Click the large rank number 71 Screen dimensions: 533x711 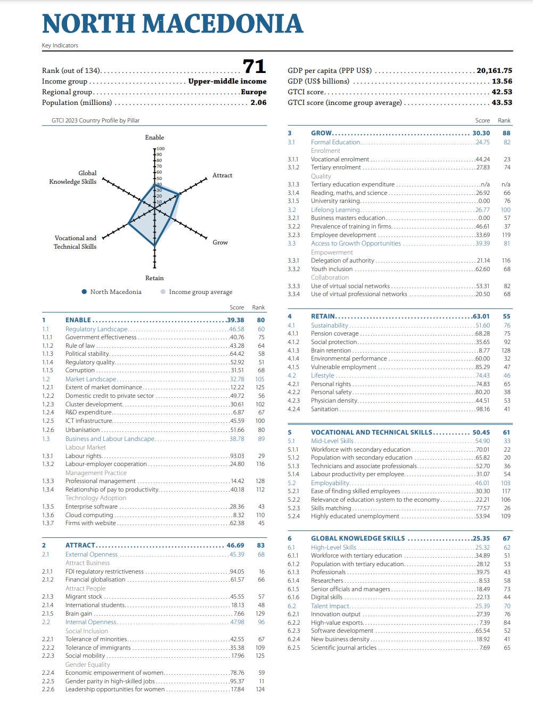254,67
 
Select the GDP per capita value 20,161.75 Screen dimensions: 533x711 494,71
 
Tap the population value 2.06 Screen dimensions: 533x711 258,103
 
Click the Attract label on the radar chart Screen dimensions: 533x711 222,175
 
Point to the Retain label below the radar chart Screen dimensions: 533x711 154,278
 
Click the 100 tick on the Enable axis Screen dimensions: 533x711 161,149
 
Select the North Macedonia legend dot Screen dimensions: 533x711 84,291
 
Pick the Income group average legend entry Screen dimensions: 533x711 197,292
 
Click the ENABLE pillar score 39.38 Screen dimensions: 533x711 235,320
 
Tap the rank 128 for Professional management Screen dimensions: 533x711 260,481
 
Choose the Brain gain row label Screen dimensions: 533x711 79,614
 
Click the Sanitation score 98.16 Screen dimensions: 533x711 483,409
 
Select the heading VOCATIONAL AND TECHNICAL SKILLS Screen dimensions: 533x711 372,432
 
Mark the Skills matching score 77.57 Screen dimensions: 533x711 483,508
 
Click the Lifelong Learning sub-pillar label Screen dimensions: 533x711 335,210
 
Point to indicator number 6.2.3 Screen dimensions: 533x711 294,631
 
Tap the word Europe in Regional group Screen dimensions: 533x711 253,92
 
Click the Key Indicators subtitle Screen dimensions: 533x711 60,45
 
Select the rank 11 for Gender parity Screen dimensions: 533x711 261,681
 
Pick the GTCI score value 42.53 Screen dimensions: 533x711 502,92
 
